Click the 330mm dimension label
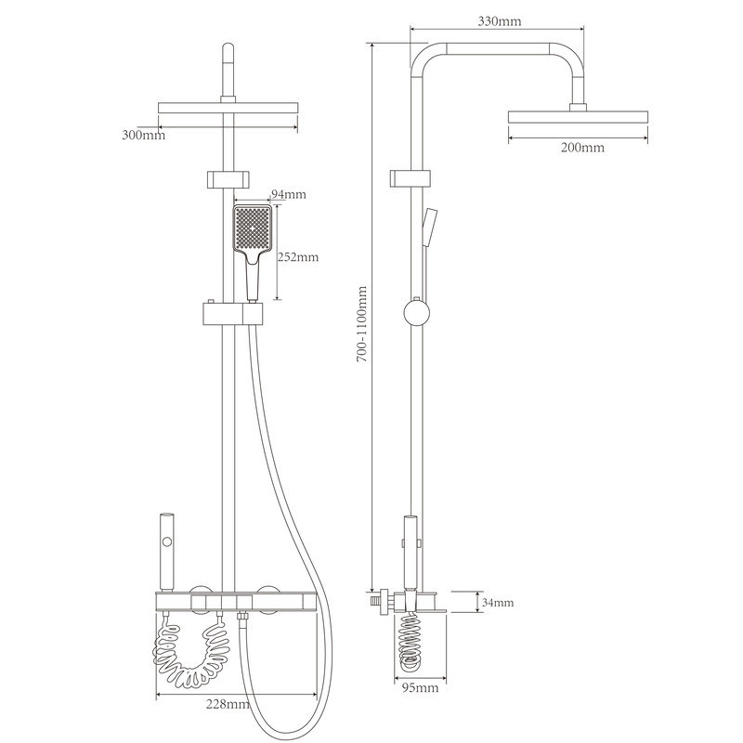[x=500, y=20]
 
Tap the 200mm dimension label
[x=582, y=148]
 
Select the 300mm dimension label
[x=144, y=135]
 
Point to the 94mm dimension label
[x=288, y=194]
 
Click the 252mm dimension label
[x=297, y=257]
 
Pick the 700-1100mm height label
[x=362, y=324]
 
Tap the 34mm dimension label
[x=498, y=603]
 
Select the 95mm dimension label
[x=421, y=687]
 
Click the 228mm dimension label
[x=228, y=704]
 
